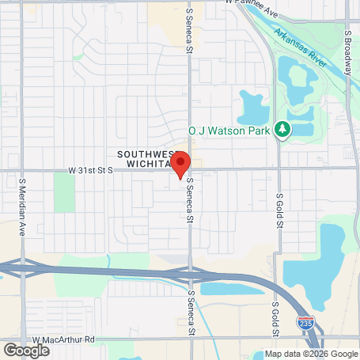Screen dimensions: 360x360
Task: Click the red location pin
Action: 180,163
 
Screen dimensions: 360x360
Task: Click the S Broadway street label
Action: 347,48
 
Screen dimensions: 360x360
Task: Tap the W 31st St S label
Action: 90,170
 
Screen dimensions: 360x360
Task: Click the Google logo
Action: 26,350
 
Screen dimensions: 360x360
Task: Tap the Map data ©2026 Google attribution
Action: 310,354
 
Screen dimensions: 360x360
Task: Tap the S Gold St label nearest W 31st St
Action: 279,210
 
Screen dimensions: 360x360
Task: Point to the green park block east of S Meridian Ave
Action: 64,192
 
